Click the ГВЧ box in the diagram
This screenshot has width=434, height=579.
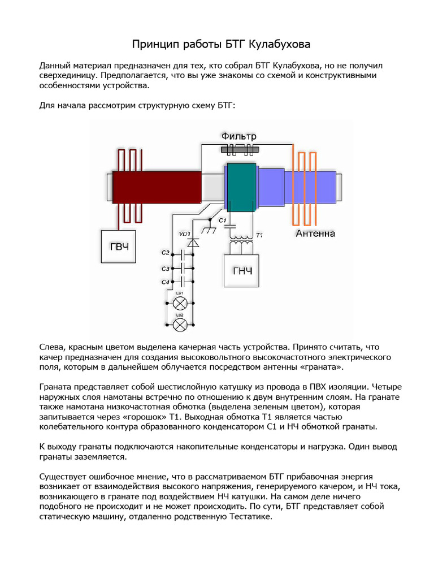(x=118, y=246)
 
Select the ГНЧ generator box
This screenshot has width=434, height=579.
(x=242, y=271)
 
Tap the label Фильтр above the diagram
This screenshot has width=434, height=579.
(x=239, y=136)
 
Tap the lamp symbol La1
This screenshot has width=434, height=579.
(x=180, y=303)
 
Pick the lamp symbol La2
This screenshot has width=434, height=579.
(x=180, y=324)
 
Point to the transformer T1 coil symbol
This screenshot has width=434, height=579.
(x=242, y=240)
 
